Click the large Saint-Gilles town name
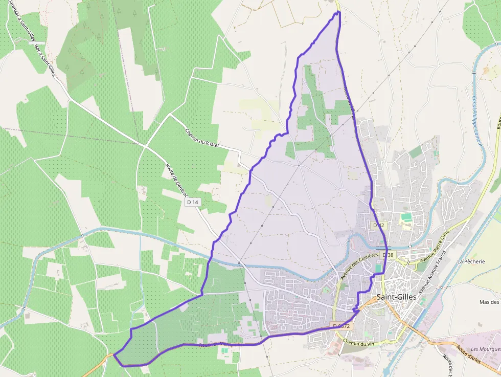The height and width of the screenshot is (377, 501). click(x=397, y=297)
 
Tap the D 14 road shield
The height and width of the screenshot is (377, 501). click(x=193, y=202)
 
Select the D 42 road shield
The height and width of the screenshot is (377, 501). click(x=378, y=225)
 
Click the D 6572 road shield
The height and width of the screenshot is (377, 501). click(x=341, y=326)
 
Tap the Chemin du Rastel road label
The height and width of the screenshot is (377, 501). click(x=202, y=138)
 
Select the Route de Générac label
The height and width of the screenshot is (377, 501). click(x=177, y=180)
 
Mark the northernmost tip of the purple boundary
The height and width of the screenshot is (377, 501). click(x=338, y=12)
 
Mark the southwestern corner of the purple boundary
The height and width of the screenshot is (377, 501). click(x=115, y=354)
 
